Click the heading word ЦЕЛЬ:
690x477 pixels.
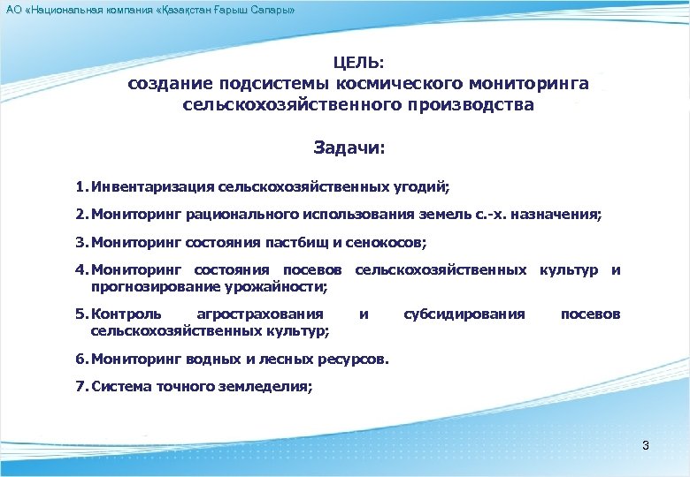point(358,63)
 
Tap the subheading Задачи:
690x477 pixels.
point(349,148)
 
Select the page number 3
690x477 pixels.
point(646,445)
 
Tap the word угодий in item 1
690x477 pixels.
point(420,187)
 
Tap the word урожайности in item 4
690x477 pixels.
point(278,287)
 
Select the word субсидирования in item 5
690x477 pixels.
point(464,314)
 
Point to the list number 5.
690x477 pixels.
point(80,314)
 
